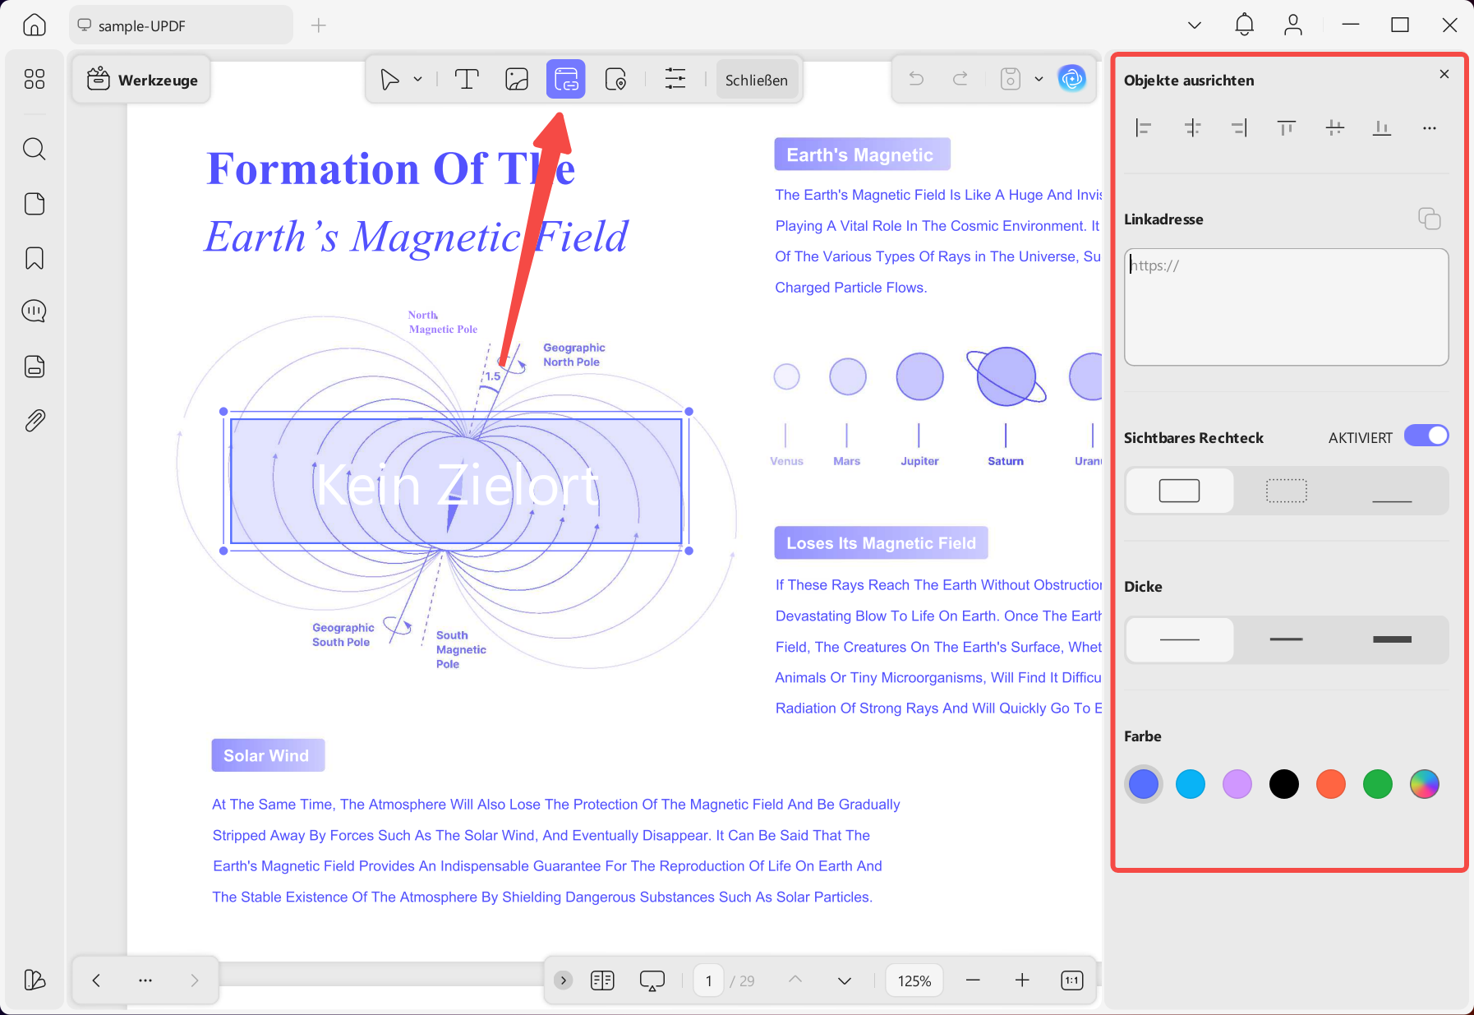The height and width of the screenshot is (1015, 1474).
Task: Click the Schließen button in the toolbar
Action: tap(756, 80)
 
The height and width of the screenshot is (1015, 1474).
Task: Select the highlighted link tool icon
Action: tap(565, 79)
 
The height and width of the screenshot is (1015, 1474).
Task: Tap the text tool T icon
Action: tap(467, 79)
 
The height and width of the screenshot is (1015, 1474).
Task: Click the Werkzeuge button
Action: tap(141, 80)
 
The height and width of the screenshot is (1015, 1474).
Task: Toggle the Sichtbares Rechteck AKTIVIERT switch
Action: tap(1426, 436)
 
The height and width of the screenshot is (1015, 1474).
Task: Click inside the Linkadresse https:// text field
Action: tap(1286, 307)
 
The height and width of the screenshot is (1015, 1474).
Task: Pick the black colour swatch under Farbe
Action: tap(1284, 784)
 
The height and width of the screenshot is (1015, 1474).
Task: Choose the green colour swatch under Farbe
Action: tap(1378, 784)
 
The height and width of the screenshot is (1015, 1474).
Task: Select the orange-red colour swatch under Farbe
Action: tap(1331, 784)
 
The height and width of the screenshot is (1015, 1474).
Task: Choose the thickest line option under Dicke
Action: tap(1392, 639)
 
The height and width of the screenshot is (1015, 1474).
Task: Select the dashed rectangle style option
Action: tap(1286, 491)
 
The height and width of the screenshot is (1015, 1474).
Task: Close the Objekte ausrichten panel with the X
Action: tap(1444, 74)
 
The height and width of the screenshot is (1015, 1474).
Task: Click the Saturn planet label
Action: tap(1006, 461)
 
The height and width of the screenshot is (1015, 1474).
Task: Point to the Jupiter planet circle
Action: tap(919, 376)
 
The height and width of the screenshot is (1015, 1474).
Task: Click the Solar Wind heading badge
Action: tap(268, 755)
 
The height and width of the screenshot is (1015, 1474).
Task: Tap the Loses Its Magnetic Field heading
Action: tap(881, 542)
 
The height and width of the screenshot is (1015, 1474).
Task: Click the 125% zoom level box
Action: tap(914, 980)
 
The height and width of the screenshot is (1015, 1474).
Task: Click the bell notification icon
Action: tap(1244, 25)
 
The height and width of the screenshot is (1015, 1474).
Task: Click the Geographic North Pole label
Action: tap(573, 355)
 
